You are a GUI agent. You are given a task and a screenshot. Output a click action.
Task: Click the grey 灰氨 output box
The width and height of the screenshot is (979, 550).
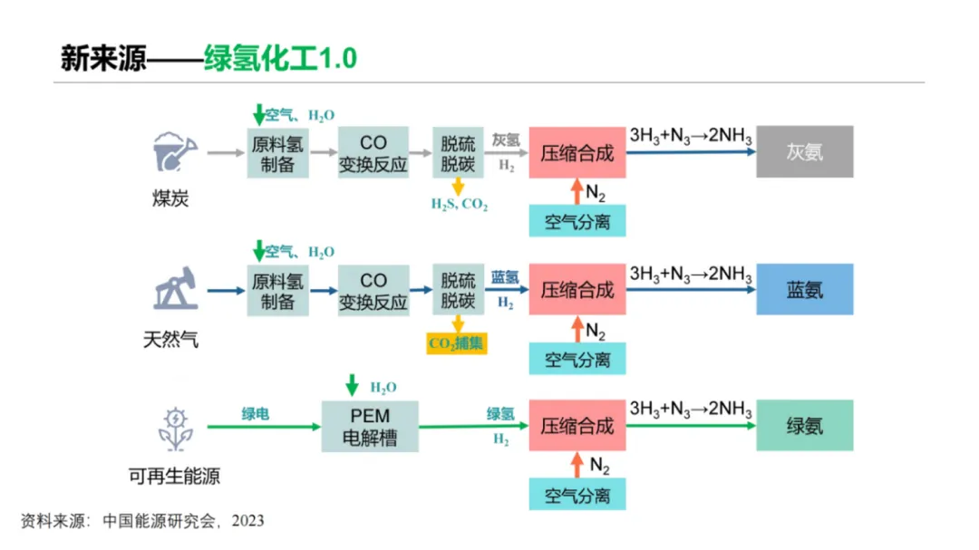(804, 151)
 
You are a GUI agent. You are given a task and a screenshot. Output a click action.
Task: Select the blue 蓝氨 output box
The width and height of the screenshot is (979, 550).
(804, 289)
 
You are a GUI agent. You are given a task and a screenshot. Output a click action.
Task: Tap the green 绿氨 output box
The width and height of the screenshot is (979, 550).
(804, 425)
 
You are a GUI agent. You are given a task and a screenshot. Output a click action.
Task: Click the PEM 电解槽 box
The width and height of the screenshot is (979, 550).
(371, 427)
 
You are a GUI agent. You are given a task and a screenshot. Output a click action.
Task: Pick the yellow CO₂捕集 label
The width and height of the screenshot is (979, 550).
(457, 343)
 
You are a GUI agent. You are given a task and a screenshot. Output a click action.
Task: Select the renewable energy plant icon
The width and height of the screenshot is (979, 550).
(175, 429)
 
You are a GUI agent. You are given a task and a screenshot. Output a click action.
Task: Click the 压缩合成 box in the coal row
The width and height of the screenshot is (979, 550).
(577, 151)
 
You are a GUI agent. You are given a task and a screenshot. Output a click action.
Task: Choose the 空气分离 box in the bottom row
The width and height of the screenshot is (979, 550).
(577, 495)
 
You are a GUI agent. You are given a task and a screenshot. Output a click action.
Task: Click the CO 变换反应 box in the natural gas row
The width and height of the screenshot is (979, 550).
(373, 290)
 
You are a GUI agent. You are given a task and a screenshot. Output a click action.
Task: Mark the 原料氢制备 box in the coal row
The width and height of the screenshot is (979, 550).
(278, 152)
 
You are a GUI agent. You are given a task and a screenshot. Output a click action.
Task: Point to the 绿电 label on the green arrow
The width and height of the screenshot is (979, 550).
(255, 414)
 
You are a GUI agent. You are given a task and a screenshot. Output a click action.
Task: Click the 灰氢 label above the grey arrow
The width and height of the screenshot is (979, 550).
(506, 140)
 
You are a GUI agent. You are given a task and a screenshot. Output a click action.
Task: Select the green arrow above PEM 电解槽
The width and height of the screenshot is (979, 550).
(352, 385)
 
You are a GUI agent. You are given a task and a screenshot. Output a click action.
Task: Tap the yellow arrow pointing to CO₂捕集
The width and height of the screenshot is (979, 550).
(458, 324)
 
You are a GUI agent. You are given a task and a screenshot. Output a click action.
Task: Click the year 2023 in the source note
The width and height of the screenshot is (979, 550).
(247, 521)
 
